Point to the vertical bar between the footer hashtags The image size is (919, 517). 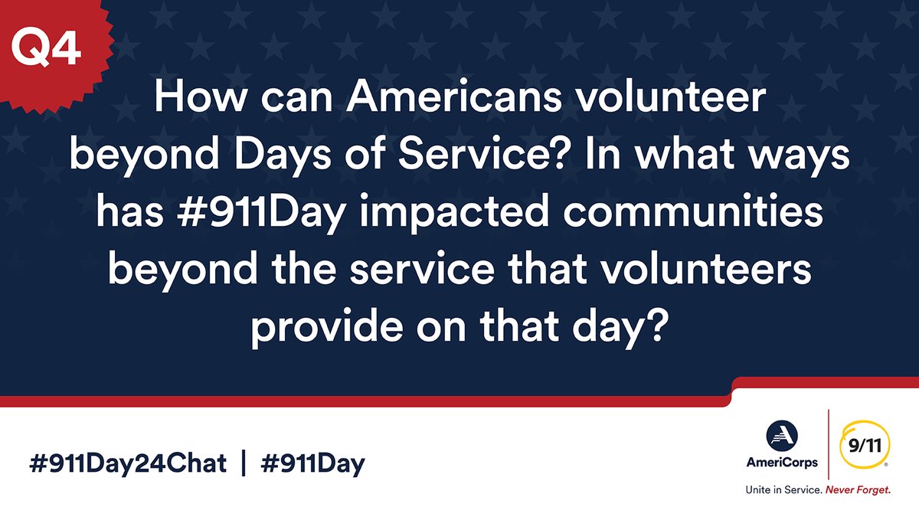(243, 463)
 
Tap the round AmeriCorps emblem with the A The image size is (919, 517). (782, 437)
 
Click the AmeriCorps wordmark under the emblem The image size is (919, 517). (783, 462)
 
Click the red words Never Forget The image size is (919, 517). (857, 490)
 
